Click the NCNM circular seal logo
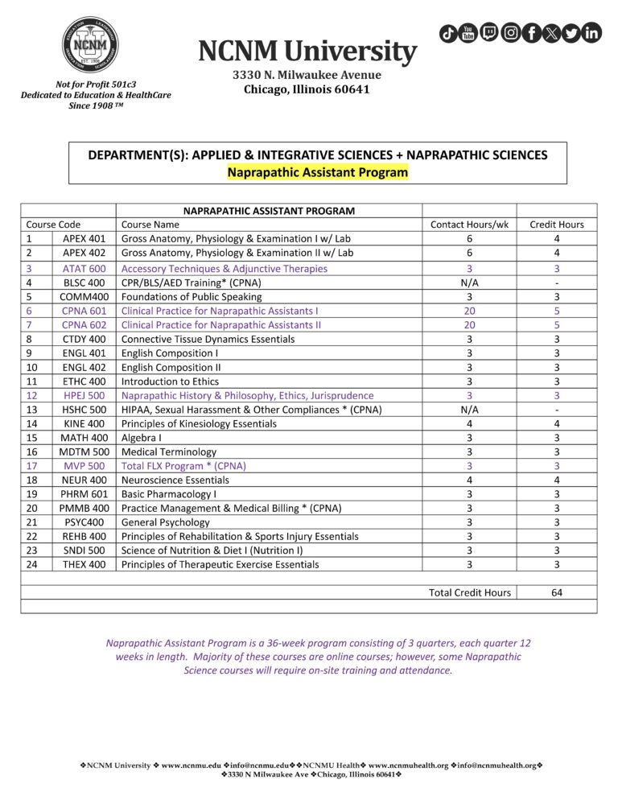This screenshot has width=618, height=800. pyautogui.click(x=96, y=45)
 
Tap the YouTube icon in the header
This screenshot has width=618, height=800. pyautogui.click(x=469, y=33)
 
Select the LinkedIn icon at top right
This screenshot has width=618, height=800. pyautogui.click(x=591, y=33)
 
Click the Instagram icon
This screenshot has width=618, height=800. pyautogui.click(x=510, y=33)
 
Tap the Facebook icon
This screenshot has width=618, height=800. pyautogui.click(x=531, y=33)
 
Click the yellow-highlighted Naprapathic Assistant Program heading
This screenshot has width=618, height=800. pyautogui.click(x=317, y=171)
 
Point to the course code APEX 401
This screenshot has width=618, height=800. pyautogui.click(x=84, y=239)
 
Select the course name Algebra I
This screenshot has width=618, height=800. pyautogui.click(x=141, y=438)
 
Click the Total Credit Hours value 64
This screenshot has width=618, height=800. pyautogui.click(x=556, y=593)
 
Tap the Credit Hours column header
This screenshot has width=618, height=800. pyautogui.click(x=556, y=225)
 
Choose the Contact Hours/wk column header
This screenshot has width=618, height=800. pyautogui.click(x=469, y=225)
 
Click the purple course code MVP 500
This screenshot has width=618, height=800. pyautogui.click(x=84, y=466)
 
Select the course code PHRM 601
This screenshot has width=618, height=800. pyautogui.click(x=84, y=494)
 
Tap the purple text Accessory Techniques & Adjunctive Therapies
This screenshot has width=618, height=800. pyautogui.click(x=224, y=269)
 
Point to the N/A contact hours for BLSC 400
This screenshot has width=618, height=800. pyautogui.click(x=469, y=282)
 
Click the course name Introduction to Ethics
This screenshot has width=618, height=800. pyautogui.click(x=170, y=381)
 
